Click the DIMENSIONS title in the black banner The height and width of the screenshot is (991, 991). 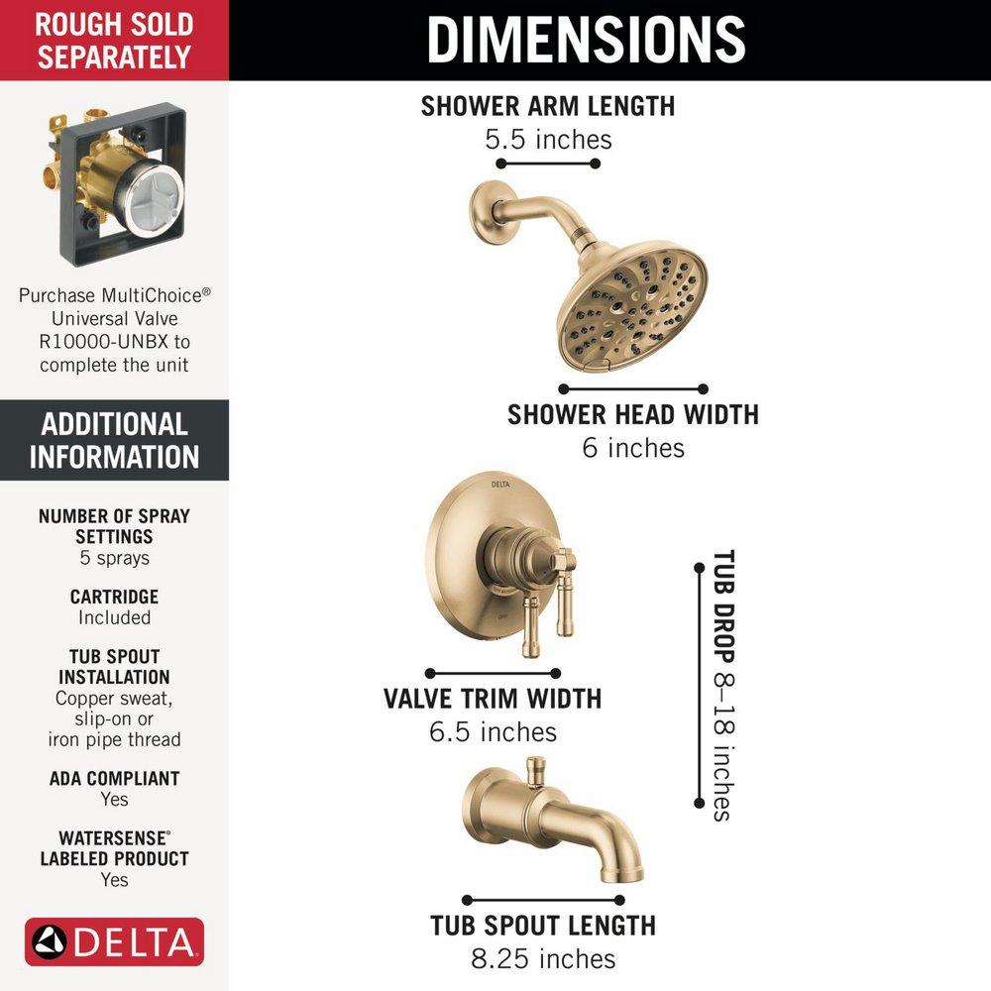586,40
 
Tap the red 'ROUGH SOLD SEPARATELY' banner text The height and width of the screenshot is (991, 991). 114,41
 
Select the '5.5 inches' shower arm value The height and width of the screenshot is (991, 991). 548,140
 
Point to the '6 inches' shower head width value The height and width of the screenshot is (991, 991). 632,448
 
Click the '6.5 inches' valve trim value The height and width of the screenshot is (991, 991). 493,732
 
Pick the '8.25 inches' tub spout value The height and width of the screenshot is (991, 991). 543,958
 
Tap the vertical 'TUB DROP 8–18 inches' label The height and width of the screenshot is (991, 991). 723,685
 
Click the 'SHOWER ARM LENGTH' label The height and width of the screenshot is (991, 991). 548,106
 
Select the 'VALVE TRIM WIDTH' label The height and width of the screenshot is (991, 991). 493,699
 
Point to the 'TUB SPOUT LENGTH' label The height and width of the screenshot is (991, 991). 543,926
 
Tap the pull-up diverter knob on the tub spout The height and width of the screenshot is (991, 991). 536,772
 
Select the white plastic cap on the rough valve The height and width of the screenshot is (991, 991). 155,198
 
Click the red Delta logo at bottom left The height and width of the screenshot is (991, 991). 114,942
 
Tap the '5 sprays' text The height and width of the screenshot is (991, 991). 114,558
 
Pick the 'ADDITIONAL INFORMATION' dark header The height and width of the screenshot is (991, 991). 114,440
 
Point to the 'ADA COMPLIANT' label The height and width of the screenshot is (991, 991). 114,779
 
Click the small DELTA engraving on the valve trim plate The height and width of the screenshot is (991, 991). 500,485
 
